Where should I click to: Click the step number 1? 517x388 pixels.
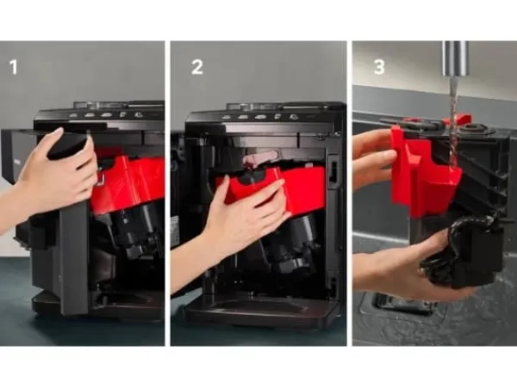click(13, 67)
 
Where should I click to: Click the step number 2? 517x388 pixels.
click(197, 67)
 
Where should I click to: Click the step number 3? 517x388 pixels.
click(379, 67)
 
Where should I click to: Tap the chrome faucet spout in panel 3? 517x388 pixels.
click(455, 59)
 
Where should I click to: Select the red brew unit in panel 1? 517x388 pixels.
click(128, 184)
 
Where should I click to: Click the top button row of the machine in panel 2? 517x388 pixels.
click(260, 117)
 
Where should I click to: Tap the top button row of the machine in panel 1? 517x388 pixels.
click(105, 115)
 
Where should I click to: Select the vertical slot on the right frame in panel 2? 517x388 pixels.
click(333, 171)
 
